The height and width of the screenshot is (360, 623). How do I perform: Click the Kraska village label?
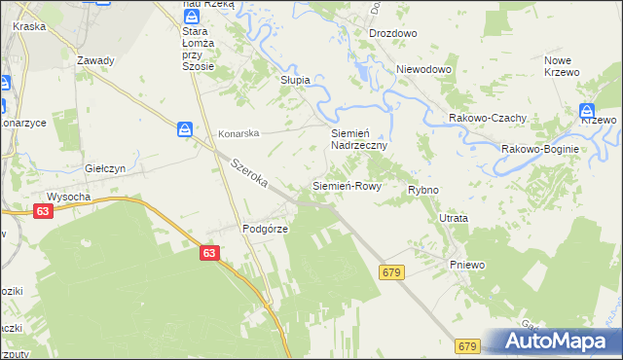coord(30,26)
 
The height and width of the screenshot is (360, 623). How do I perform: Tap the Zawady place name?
coord(95,60)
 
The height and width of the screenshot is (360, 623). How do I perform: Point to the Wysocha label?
coord(69,196)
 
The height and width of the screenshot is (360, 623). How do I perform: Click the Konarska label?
coord(238,132)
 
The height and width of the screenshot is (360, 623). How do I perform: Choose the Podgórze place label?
coord(262,229)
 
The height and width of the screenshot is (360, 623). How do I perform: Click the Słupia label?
coord(295,80)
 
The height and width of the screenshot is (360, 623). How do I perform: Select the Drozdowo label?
coord(392,33)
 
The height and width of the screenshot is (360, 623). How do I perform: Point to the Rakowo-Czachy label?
coord(488,118)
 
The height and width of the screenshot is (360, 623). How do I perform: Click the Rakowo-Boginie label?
coord(540,149)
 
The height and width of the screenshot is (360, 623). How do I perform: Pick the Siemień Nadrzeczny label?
coord(359,138)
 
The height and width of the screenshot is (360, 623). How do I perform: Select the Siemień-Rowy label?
coord(346,185)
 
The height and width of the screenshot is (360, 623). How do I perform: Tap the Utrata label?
coord(454,219)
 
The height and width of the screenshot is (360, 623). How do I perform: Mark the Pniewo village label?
coord(467,265)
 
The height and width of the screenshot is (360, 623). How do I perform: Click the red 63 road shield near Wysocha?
coord(41,211)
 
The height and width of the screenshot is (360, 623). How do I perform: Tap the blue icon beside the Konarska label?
coord(185,129)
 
